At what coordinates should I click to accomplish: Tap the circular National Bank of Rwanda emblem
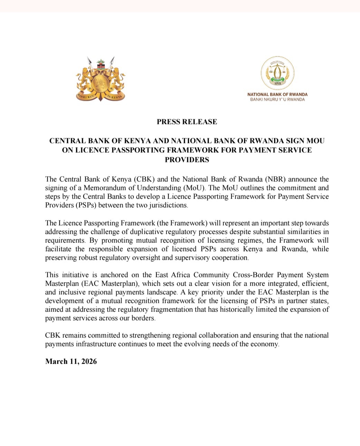(x=277, y=73)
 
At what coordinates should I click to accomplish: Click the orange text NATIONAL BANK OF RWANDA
(x=277, y=94)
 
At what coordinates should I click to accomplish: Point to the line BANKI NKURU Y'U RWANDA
(x=277, y=99)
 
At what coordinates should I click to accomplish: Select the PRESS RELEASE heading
(x=187, y=122)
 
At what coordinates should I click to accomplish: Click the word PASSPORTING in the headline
(x=125, y=150)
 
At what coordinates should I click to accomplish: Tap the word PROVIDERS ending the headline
(x=187, y=160)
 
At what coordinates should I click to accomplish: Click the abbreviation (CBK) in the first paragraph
(x=143, y=179)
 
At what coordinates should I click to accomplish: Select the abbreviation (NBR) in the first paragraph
(x=275, y=179)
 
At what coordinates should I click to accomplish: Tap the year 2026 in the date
(x=89, y=361)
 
